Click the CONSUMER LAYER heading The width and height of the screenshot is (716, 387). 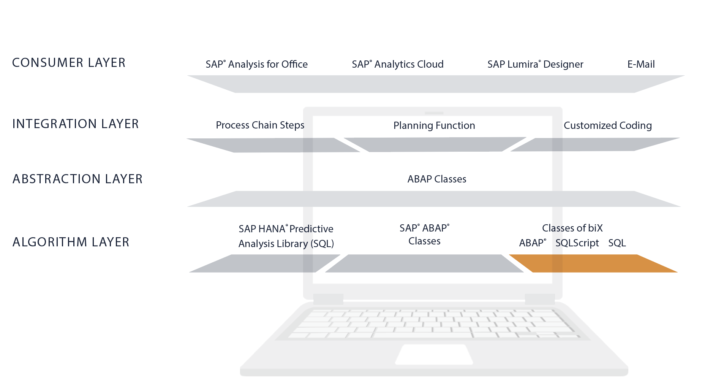coord(69,63)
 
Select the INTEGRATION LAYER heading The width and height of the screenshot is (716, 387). coord(76,124)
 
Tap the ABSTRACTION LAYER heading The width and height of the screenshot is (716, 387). coord(77,179)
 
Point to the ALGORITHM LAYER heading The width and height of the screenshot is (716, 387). coord(71,242)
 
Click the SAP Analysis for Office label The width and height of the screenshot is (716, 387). coord(256,64)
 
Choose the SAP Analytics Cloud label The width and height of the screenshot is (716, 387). coord(397,64)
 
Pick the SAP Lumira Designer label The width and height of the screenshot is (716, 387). coord(535,64)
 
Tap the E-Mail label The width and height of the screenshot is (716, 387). coord(641,64)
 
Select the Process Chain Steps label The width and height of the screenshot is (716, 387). coord(260,125)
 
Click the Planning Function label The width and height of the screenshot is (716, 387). coord(434,125)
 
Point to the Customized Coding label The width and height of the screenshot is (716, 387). coord(607,125)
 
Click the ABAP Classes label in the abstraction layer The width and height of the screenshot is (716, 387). coord(437,179)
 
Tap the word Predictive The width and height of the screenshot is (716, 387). coord(311,229)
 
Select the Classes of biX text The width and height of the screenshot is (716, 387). coord(572,228)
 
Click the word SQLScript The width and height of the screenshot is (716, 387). coord(577,243)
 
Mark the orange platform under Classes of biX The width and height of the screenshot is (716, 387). coord(593,263)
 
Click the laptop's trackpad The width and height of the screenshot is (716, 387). coord(434,354)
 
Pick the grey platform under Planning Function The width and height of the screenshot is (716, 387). coord(435,144)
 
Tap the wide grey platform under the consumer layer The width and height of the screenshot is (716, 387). coord(435,84)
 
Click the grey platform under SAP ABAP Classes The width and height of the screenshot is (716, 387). coord(424,263)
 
